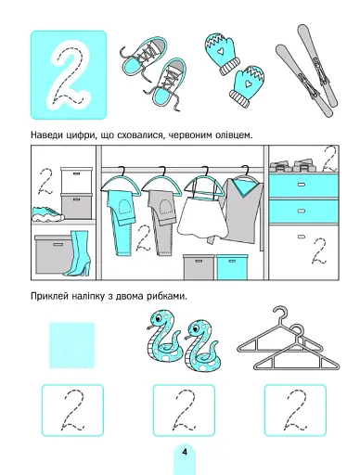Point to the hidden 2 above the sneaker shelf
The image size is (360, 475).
coord(43,181)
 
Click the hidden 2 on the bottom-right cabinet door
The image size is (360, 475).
coord(317,252)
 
